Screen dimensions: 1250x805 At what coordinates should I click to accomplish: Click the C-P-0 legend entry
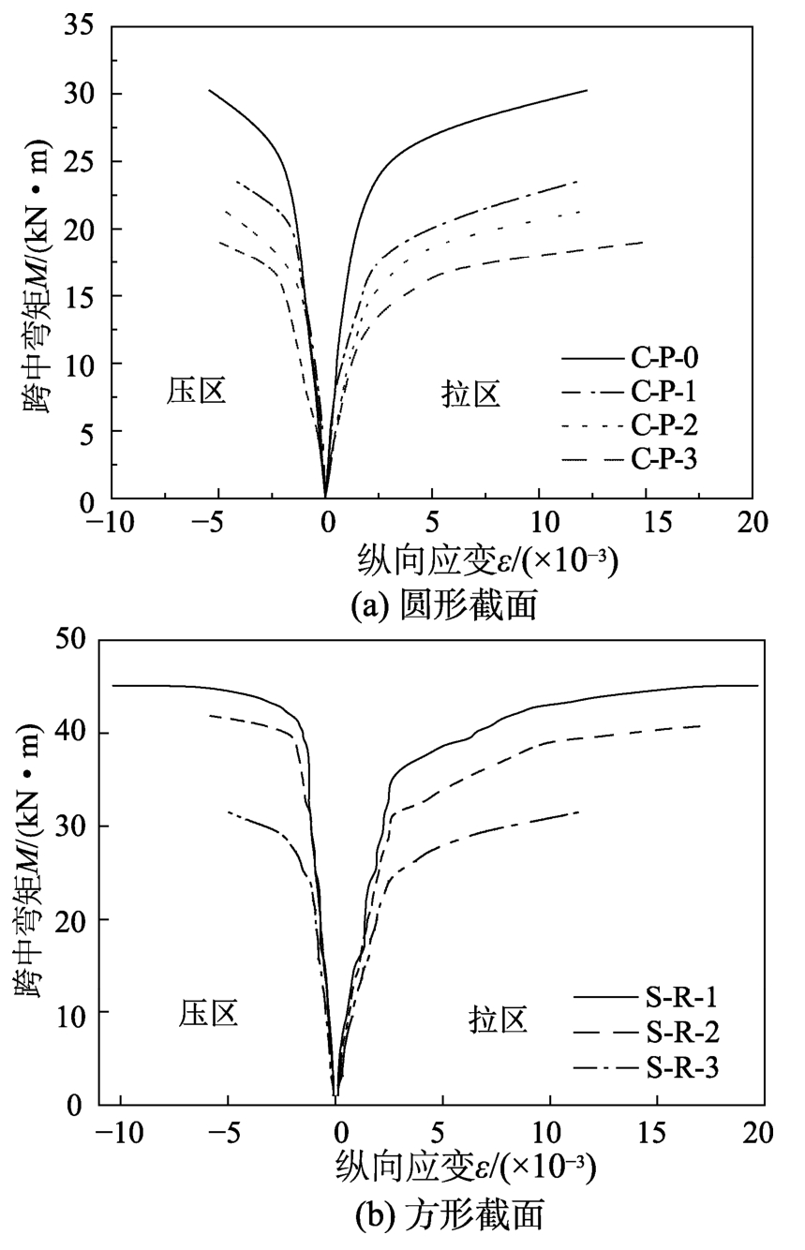[x=664, y=358]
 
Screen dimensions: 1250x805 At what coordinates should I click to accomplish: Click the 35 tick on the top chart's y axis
[x=82, y=27]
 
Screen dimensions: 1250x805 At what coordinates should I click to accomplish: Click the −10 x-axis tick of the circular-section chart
[x=111, y=522]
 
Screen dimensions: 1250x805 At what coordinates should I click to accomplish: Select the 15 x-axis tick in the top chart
[x=646, y=522]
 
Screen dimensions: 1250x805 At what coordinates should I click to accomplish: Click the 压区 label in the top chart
[x=197, y=391]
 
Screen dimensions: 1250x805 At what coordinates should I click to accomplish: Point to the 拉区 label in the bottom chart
[x=498, y=1021]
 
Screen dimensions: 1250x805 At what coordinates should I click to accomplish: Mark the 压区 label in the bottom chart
[x=208, y=1013]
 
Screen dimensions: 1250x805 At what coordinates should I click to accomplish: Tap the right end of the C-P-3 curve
[x=643, y=242]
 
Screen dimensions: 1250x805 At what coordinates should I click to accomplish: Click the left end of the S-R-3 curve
[x=229, y=811]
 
